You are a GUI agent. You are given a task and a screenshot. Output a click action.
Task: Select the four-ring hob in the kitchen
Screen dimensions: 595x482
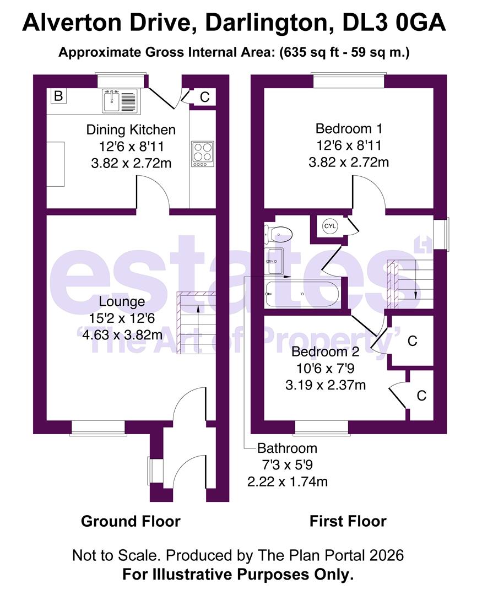[202, 154]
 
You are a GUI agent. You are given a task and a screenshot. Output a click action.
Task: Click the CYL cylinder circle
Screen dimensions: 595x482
[329, 226]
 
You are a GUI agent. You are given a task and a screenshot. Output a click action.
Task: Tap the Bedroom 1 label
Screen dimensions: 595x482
[349, 129]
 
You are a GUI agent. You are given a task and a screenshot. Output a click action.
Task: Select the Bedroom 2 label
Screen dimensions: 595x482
[326, 352]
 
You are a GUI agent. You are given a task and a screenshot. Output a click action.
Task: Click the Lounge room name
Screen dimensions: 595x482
[122, 301]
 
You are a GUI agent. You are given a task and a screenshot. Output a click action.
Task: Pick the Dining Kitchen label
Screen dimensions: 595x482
[131, 130]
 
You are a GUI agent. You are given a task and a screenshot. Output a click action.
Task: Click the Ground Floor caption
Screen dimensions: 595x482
[131, 521]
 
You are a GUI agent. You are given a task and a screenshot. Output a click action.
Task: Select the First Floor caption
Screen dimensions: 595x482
[348, 521]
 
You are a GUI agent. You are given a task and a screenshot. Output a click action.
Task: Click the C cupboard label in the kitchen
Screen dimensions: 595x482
[204, 97]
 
